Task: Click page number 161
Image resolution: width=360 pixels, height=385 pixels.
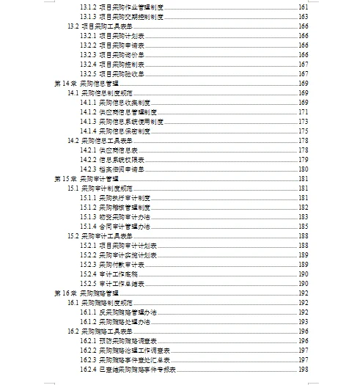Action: pos(303,7)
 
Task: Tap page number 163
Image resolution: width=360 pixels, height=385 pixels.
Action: pos(303,16)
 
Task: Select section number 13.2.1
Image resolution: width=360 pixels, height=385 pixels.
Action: pos(88,35)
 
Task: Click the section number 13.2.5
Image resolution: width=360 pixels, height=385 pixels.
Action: pos(88,73)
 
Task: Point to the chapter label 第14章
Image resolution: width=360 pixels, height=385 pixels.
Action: pos(65,84)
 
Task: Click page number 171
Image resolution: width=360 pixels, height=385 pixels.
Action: pos(303,112)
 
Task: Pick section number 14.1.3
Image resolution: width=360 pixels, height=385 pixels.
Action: pos(88,122)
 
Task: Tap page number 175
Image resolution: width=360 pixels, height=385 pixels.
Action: pos(303,131)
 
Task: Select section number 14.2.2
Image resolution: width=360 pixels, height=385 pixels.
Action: pos(88,160)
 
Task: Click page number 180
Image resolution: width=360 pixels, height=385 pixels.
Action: pos(303,169)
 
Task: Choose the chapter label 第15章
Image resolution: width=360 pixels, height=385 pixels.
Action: pos(65,179)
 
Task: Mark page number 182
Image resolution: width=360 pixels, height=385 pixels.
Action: pos(303,208)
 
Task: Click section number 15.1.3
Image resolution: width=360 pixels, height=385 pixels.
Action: pos(88,217)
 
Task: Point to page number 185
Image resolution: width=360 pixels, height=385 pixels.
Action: pos(303,227)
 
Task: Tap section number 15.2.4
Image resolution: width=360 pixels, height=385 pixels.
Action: pos(88,274)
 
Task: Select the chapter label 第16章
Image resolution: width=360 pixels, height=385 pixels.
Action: pos(65,293)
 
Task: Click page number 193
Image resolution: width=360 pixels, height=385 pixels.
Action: pos(303,322)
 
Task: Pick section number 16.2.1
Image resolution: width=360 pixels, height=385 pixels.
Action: pos(88,341)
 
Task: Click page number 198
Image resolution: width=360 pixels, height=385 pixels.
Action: pos(303,370)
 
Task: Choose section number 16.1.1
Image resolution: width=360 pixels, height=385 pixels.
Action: pos(88,312)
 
